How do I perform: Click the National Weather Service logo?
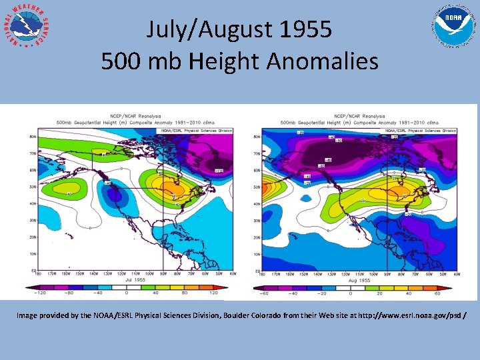point(27,27)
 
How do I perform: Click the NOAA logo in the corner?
point(453,27)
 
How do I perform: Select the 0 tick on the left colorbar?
point(127,293)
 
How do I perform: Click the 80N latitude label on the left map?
point(32,137)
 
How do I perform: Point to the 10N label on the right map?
point(257,254)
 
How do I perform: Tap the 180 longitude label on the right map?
point(262,274)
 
